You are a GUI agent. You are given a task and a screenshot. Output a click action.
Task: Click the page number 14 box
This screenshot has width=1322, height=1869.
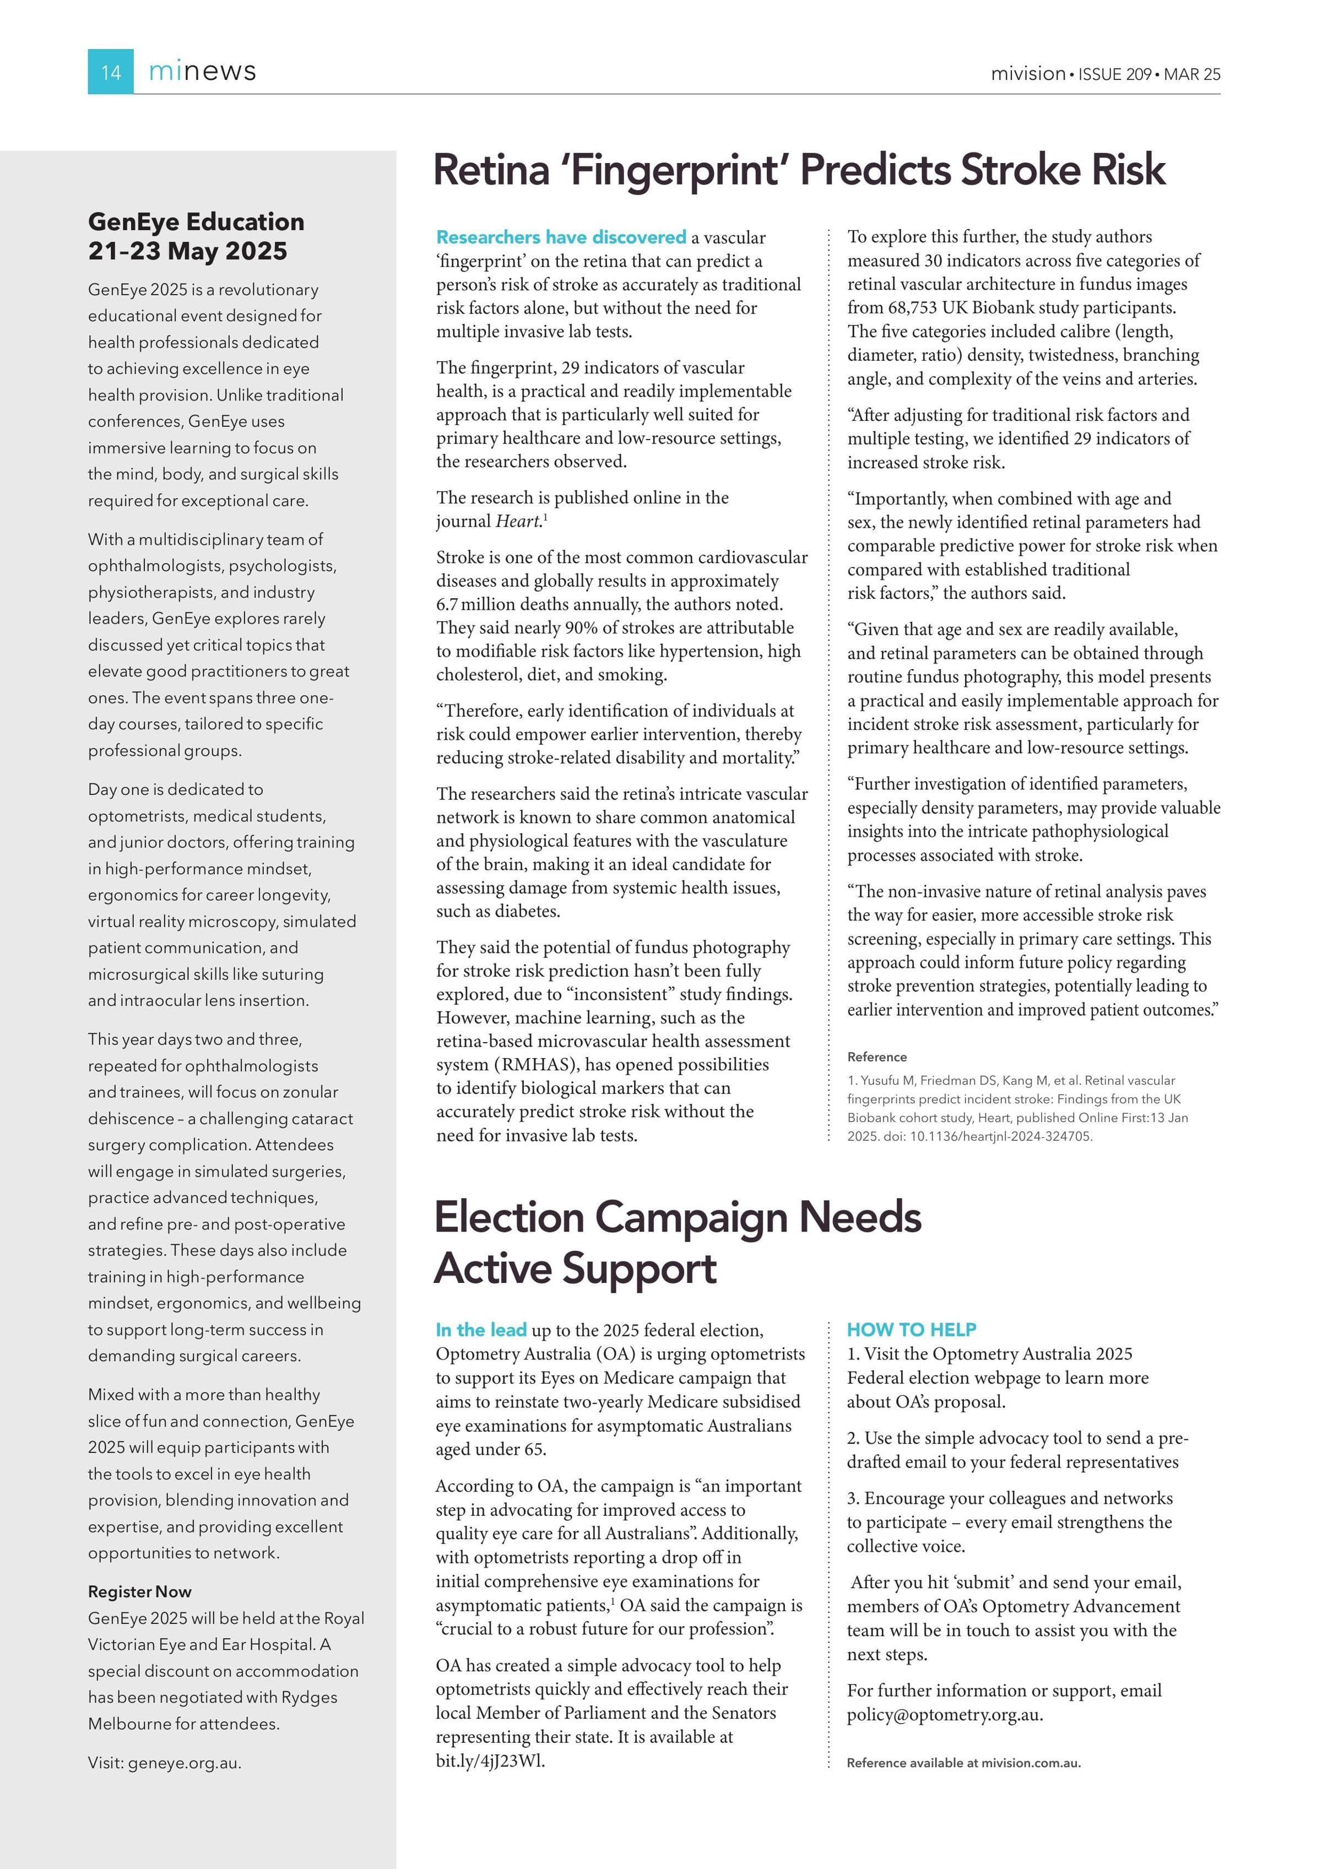[x=111, y=72]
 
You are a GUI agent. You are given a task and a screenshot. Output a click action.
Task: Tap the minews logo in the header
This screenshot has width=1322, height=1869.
[x=202, y=72]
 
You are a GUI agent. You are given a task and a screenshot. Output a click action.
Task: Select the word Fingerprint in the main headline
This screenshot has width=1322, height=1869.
[x=678, y=170]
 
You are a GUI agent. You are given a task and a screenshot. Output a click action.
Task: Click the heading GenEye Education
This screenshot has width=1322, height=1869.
[x=196, y=221]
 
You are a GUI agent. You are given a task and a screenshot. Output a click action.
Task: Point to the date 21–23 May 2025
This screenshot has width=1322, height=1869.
[x=187, y=251]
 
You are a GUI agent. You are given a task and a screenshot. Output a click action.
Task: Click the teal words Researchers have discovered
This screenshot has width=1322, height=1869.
[x=561, y=238]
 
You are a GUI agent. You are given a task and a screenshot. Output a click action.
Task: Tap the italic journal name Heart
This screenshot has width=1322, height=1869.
[x=518, y=521]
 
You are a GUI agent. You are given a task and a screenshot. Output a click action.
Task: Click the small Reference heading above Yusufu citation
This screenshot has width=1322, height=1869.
[x=877, y=1057]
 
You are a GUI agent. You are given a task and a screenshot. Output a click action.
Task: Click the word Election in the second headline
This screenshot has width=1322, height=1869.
[x=509, y=1218]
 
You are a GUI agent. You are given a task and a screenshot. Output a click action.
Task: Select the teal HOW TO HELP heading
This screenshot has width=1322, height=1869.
[x=911, y=1329]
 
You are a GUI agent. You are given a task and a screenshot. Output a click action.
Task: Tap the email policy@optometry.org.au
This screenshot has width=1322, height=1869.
[x=944, y=1714]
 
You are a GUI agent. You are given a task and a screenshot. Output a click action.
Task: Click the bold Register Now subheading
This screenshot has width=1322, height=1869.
[x=140, y=1591]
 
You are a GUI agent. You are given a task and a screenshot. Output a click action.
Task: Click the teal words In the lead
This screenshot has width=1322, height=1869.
[x=481, y=1330]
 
